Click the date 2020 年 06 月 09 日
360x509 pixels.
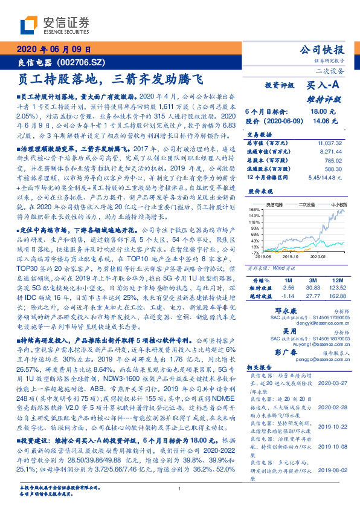(54, 50)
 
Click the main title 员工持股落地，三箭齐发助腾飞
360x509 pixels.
(112, 79)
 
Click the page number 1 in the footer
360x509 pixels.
(179, 488)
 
